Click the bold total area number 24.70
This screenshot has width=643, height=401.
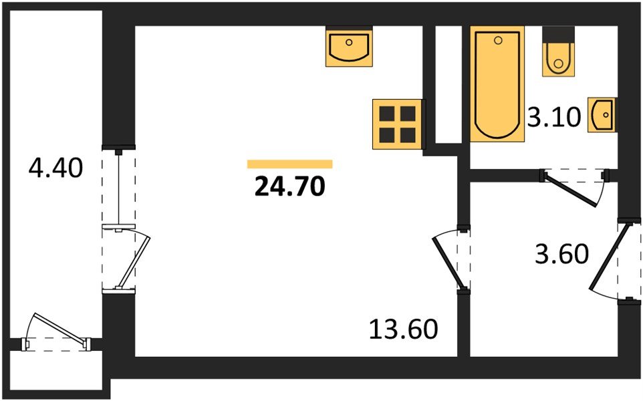coord(290,186)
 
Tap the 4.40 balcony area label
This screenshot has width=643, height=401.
coord(55,168)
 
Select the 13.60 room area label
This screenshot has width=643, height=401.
coord(404,329)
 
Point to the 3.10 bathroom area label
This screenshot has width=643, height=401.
coord(554,117)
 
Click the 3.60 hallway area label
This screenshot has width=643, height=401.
coord(562,254)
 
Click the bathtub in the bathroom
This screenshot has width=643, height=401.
coord(497,84)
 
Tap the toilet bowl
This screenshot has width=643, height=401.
coord(558,59)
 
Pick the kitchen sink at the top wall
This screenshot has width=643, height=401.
coord(349,46)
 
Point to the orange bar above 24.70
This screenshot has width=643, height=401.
coord(290,164)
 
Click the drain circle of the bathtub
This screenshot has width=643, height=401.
coord(498,40)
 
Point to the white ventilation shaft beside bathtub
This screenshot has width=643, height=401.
coord(448,85)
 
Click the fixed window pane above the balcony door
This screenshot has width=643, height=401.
coord(118,187)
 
